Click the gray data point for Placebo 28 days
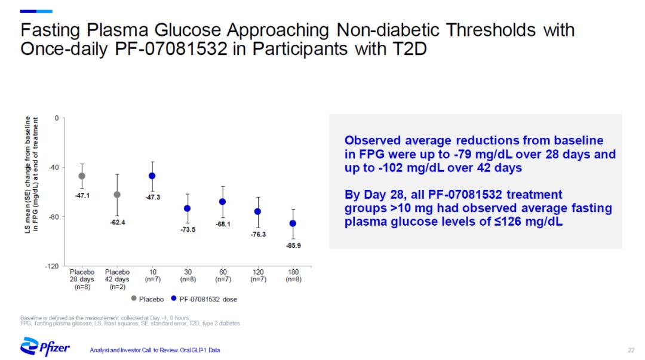point(82,176)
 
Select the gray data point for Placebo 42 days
point(117,195)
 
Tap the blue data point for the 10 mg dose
point(152,176)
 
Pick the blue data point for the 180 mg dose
point(293,223)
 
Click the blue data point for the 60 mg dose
point(223,202)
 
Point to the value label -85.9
point(293,245)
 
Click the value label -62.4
point(117,221)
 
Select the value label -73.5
point(188,229)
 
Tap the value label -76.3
point(258,235)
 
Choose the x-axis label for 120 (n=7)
point(258,275)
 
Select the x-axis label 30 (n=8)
point(188,275)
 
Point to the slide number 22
point(631,349)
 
